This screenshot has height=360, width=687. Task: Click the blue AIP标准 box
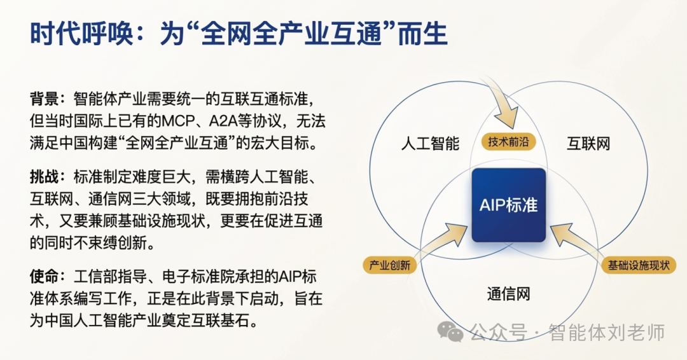[x=508, y=205]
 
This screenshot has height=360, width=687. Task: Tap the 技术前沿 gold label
[x=508, y=142]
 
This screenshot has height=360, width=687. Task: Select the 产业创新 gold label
[x=390, y=265]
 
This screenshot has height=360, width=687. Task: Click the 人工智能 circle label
[x=430, y=143]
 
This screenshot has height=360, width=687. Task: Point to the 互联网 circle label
[x=588, y=143]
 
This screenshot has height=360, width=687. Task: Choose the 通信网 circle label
[x=508, y=294]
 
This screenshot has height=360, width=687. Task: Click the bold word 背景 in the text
[x=44, y=99]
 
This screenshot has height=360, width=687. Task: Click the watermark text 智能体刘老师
[x=607, y=332]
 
